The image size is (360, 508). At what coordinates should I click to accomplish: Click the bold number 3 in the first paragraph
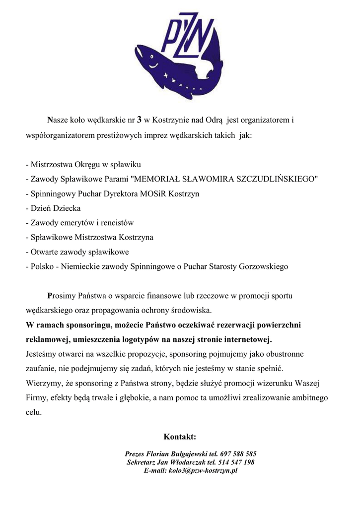coord(140,120)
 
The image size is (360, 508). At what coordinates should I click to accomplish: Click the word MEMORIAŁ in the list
coord(160,179)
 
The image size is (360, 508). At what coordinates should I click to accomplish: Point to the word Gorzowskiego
coord(263,266)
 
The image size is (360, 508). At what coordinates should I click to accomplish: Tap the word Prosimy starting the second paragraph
coord(62,296)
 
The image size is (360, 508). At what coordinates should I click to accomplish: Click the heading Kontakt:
coord(180,437)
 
